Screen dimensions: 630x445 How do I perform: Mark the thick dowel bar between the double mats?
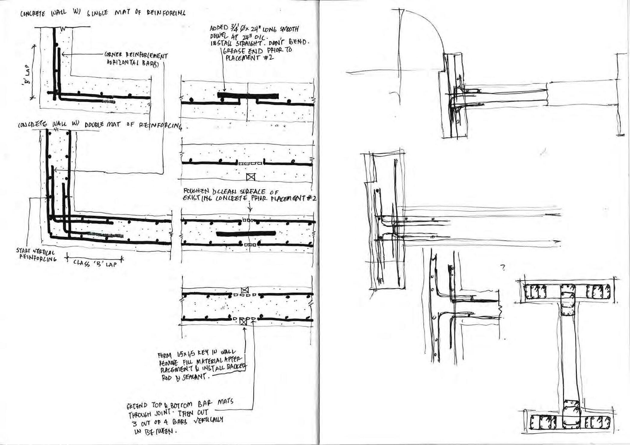[246, 233]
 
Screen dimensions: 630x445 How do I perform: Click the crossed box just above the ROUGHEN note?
[250, 177]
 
